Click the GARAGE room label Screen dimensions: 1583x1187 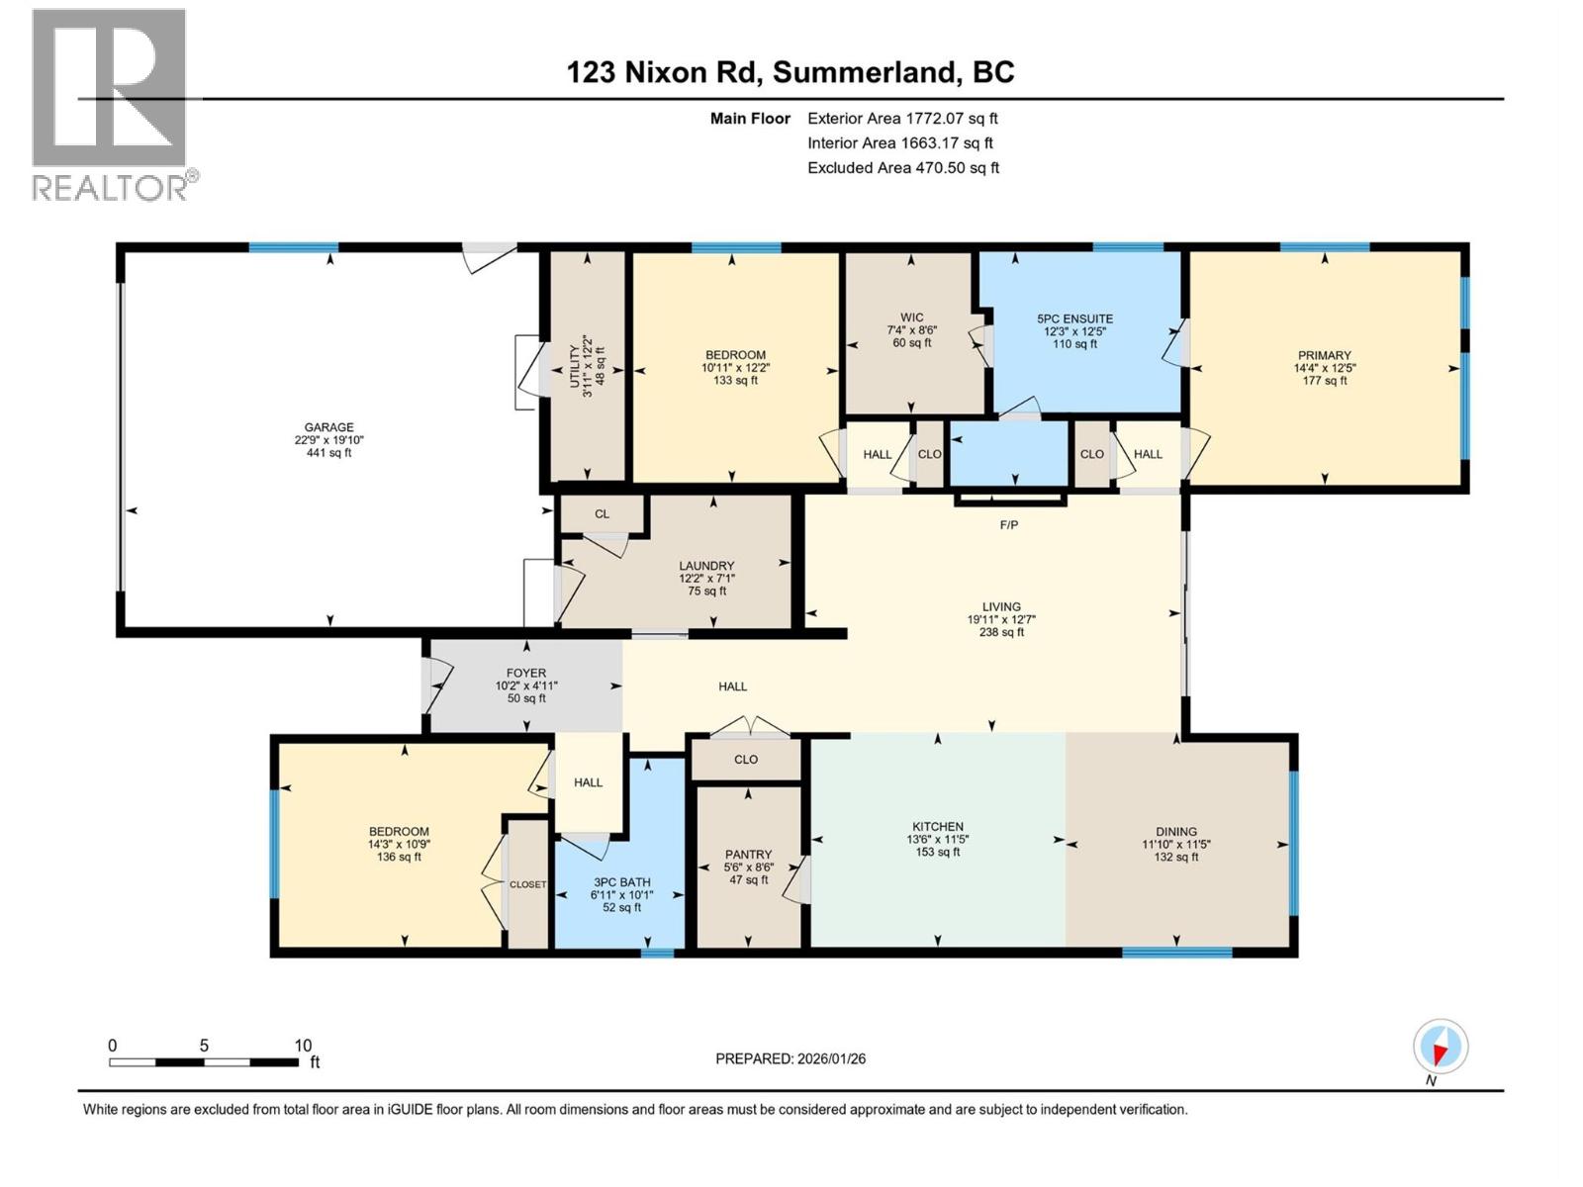tap(328, 427)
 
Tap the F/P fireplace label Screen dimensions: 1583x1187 tap(1008, 525)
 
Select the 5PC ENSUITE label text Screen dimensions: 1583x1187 tap(1074, 319)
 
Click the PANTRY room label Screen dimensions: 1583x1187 tap(748, 855)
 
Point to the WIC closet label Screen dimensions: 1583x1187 tap(911, 319)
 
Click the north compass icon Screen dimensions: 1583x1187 tap(1441, 1047)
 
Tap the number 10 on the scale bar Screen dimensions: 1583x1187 tap(303, 1046)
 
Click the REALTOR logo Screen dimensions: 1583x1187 tap(111, 104)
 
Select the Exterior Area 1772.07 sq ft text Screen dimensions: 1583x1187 tap(902, 119)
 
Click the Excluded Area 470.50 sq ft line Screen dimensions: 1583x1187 tap(902, 168)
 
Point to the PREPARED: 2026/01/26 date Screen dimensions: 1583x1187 tap(791, 1058)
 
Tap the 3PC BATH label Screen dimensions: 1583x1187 tap(621, 882)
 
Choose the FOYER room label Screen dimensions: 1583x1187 tap(526, 673)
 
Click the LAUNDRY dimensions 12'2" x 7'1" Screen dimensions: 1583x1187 tap(706, 579)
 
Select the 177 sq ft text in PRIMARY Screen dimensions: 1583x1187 tap(1324, 381)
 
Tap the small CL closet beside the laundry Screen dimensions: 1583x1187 tap(602, 514)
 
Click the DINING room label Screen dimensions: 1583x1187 tap(1175, 832)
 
